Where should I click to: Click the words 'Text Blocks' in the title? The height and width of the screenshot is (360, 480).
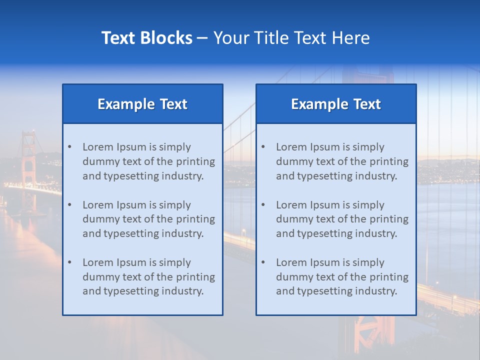pyautogui.click(x=146, y=38)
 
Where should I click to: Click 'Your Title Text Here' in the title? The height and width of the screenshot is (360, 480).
pyautogui.click(x=291, y=38)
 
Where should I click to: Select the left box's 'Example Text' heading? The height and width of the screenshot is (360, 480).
pyautogui.click(x=142, y=104)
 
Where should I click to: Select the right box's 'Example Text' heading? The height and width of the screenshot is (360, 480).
pyautogui.click(x=336, y=104)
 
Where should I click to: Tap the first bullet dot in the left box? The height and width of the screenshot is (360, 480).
pyautogui.click(x=69, y=147)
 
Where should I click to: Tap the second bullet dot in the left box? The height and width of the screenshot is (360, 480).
pyautogui.click(x=69, y=205)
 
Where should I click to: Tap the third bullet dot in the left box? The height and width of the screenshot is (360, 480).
pyautogui.click(x=69, y=262)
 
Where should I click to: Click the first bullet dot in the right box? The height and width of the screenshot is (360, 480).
pyautogui.click(x=263, y=147)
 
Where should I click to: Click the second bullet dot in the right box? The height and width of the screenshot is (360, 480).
pyautogui.click(x=263, y=205)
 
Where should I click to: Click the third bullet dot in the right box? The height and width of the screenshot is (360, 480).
pyautogui.click(x=263, y=262)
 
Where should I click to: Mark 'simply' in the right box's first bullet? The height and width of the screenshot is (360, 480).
pyautogui.click(x=368, y=147)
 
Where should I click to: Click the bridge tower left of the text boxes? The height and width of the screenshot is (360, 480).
pyautogui.click(x=28, y=165)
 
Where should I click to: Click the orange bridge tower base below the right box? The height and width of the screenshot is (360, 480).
pyautogui.click(x=367, y=335)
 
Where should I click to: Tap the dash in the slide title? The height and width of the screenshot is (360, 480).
pyautogui.click(x=202, y=38)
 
